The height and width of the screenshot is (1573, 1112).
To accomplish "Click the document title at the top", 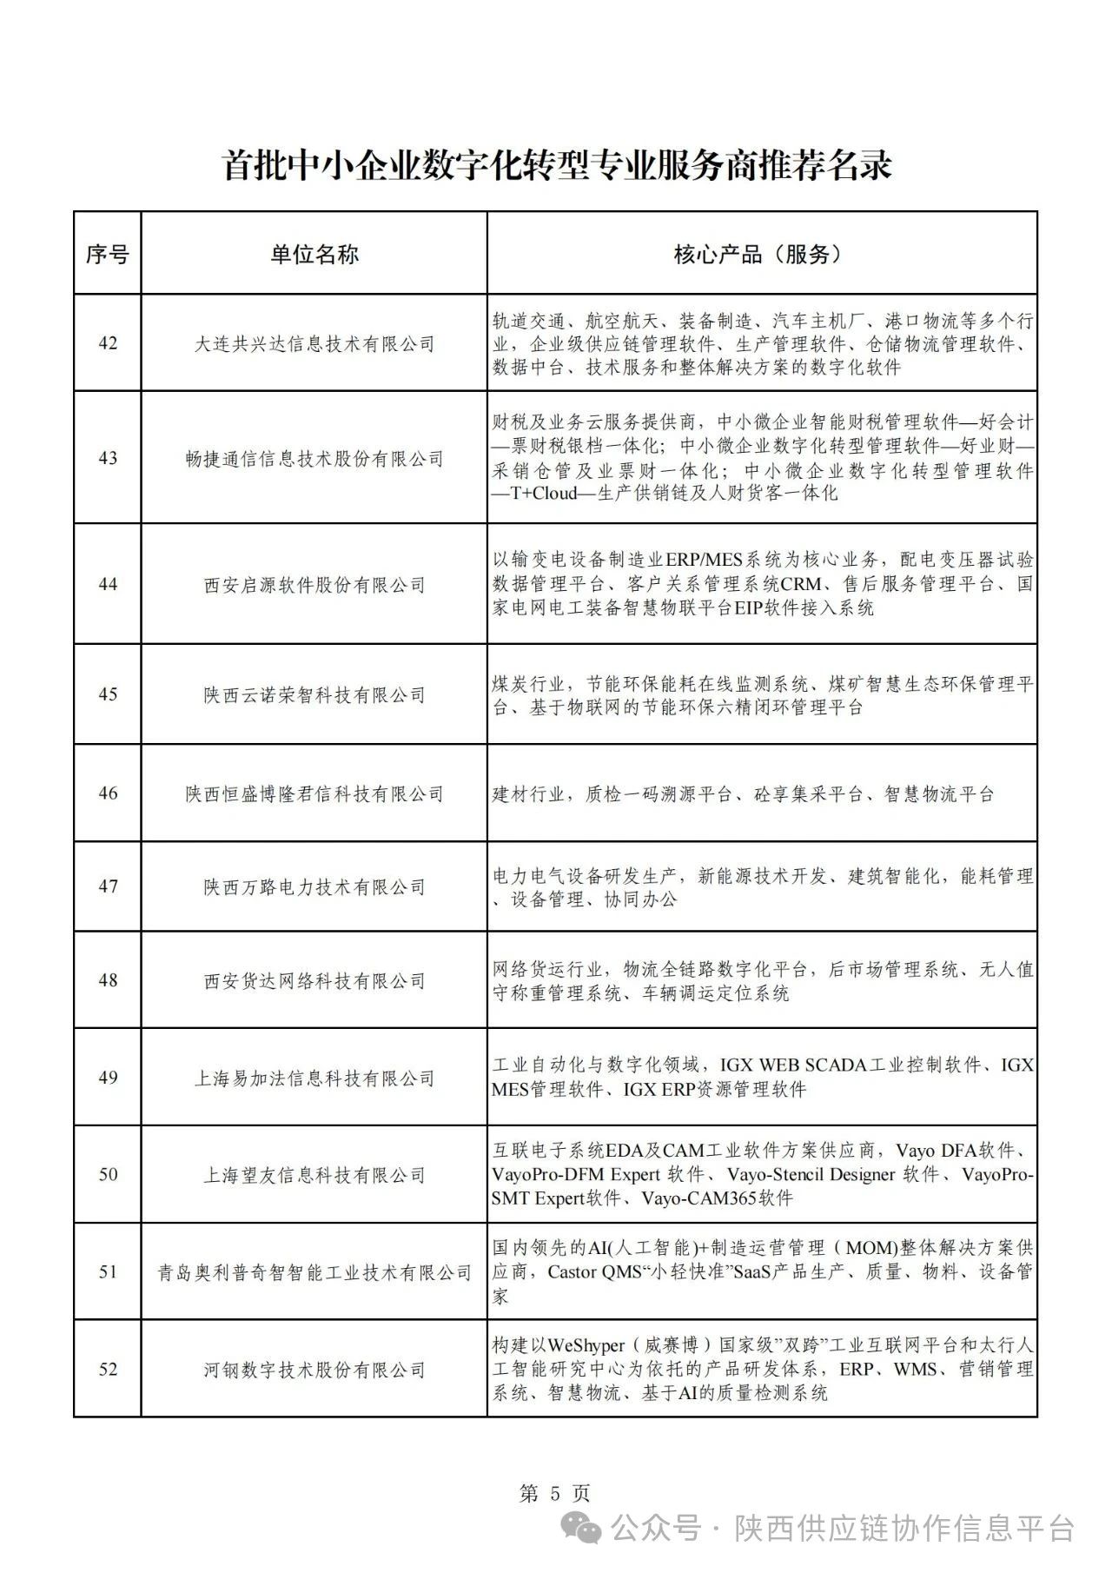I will point(557,165).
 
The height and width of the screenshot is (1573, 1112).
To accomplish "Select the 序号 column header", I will point(107,255).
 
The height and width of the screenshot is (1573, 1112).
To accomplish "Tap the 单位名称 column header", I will point(314,255).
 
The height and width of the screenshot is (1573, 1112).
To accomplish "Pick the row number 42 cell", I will point(108,343).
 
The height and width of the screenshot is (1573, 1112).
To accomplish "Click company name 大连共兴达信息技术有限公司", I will point(314,344).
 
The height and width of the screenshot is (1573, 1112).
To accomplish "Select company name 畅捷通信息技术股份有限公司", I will point(314,459).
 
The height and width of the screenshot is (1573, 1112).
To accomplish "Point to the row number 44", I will point(108,584).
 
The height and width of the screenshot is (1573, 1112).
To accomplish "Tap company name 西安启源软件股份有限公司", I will point(314,585).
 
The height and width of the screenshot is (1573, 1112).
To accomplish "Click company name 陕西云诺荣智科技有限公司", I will point(314,694).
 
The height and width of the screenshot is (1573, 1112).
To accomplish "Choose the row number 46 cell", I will point(108,793).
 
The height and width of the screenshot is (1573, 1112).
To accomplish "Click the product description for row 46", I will point(743,793).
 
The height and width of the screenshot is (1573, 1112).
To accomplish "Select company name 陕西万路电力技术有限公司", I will point(314,887).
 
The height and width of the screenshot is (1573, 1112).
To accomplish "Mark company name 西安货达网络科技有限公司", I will point(314,981).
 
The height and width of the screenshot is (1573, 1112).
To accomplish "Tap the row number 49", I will point(108,1078).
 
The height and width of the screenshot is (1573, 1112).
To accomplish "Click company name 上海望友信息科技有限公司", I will point(314,1176).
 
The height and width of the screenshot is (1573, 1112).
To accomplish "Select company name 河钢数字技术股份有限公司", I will point(314,1371).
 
